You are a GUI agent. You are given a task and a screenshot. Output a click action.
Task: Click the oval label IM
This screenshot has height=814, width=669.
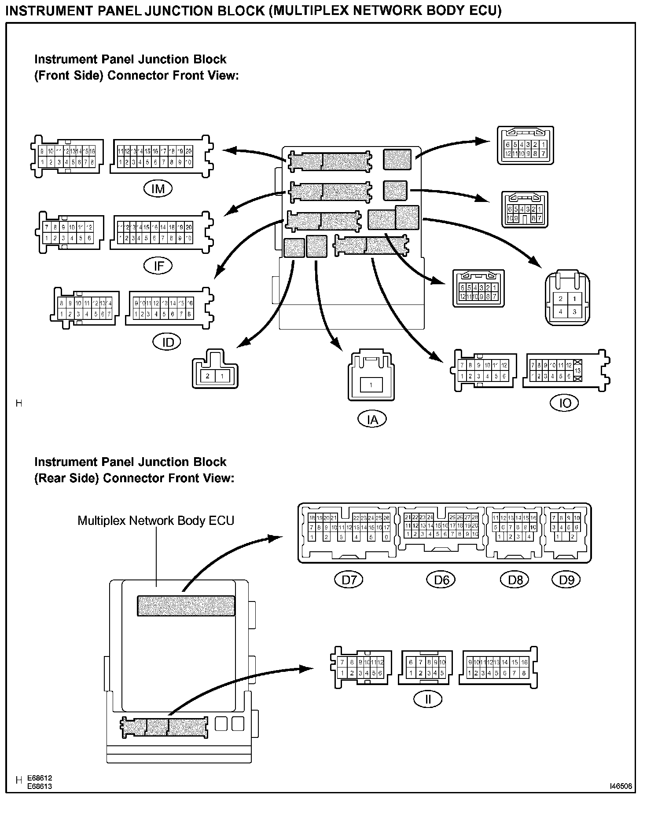coord(158,189)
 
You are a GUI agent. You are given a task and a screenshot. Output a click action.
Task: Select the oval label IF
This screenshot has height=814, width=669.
coord(158,265)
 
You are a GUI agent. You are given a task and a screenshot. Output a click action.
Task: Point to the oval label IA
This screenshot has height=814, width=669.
coord(372,419)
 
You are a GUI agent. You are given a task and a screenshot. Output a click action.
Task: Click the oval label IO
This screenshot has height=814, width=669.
coord(565,403)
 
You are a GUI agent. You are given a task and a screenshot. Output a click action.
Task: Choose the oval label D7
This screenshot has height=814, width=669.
coord(349,580)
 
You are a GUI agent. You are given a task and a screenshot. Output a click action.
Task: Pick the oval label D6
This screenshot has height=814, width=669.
coord(441,580)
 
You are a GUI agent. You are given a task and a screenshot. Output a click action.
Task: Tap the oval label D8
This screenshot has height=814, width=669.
coord(515,580)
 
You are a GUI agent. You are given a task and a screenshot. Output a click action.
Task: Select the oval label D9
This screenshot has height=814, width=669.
coord(566,580)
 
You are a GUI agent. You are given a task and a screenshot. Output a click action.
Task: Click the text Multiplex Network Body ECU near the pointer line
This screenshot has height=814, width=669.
coord(156,521)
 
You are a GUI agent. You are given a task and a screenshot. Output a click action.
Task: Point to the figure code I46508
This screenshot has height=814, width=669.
coord(621,786)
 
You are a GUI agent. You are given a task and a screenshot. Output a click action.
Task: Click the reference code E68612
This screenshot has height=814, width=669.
coord(40,778)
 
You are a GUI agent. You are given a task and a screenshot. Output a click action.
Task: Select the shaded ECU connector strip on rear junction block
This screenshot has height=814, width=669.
coord(186,605)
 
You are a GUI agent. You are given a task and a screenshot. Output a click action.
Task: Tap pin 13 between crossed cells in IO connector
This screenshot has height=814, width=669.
coord(578,371)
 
